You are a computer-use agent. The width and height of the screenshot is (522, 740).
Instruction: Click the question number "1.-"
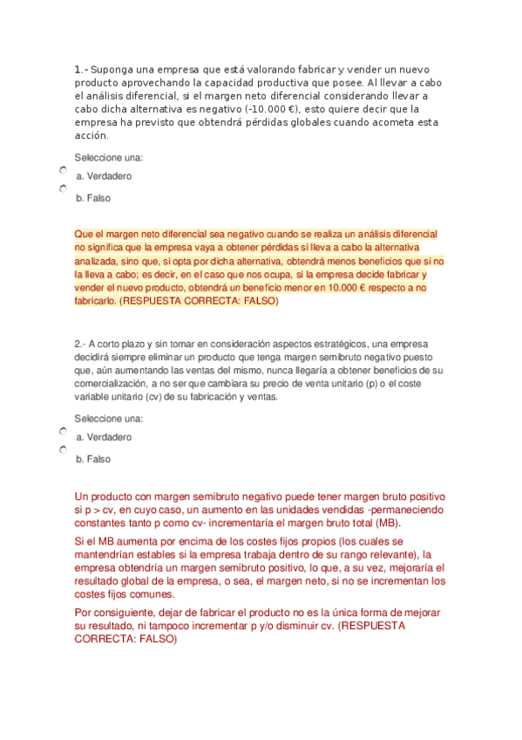81,69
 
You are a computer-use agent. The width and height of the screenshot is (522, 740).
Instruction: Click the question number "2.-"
81,344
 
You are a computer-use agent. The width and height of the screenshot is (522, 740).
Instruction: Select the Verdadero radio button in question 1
64,170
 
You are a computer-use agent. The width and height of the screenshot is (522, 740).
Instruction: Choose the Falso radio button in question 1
64,188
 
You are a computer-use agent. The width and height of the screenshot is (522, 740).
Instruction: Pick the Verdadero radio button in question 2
64,431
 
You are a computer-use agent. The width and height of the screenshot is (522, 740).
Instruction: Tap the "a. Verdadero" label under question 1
104,176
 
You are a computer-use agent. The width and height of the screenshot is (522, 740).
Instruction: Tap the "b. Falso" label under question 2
93,459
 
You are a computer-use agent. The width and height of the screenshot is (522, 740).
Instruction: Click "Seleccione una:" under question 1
109,157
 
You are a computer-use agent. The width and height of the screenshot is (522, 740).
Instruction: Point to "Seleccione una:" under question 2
109,418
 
